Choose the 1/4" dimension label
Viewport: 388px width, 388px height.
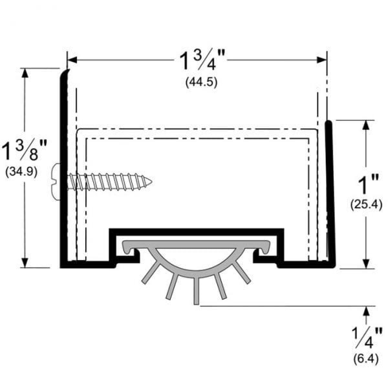coord(367,334)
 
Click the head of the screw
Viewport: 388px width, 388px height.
coord(57,182)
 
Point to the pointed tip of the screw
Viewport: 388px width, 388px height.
coord(151,182)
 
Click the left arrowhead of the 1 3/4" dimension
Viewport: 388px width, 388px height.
coord(72,60)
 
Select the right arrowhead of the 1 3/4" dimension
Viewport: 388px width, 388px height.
coord(323,60)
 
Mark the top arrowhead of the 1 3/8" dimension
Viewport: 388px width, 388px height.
coord(26,72)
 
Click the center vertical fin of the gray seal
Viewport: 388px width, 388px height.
coord(197,288)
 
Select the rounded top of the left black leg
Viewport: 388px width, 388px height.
coord(64,74)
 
